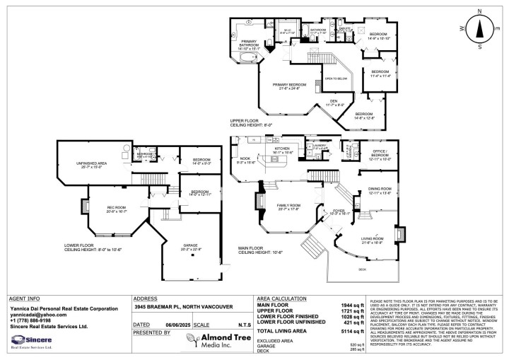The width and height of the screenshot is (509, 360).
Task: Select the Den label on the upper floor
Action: coord(334,101)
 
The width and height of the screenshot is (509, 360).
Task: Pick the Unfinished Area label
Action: coord(93,164)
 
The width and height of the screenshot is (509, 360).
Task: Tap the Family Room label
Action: coord(280,206)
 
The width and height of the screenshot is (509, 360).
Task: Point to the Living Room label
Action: coord(374,239)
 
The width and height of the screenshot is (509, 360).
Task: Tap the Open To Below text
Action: coord(335,79)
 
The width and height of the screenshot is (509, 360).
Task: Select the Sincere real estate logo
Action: coord(26,341)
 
